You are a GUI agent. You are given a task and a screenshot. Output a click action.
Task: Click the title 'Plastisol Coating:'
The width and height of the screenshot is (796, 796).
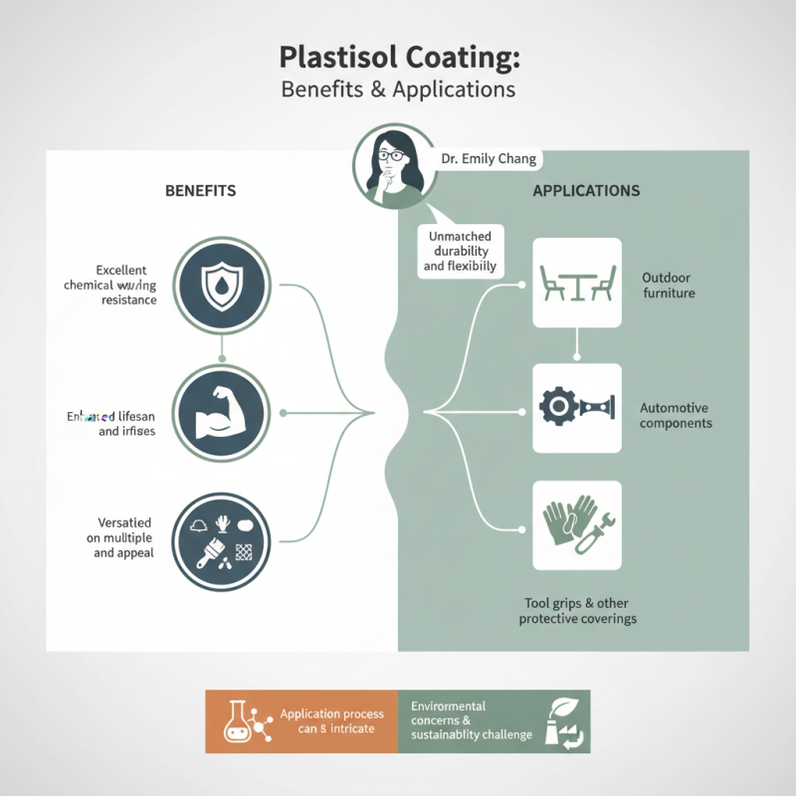tap(398, 56)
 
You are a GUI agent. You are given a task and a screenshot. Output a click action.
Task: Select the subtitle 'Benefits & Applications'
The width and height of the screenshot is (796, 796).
tap(398, 89)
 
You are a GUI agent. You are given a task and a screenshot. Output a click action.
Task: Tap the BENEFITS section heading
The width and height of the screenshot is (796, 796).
tap(200, 190)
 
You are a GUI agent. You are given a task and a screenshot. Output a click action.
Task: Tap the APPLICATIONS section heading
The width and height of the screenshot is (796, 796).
tap(586, 190)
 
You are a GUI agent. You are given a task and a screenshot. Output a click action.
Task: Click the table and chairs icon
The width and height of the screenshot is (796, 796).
tap(577, 283)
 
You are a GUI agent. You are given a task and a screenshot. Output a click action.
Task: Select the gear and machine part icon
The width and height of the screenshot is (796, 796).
tap(577, 408)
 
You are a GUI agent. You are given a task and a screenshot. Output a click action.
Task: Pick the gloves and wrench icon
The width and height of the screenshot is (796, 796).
tap(577, 524)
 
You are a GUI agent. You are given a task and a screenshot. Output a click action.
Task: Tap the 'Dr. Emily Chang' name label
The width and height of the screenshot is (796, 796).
tap(488, 159)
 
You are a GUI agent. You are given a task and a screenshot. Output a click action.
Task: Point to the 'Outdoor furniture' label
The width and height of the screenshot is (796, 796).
tap(668, 286)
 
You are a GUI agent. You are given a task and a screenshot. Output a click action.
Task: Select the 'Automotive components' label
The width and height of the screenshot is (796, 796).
tap(676, 415)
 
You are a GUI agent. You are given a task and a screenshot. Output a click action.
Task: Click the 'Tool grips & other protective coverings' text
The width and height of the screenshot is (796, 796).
tap(578, 611)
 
